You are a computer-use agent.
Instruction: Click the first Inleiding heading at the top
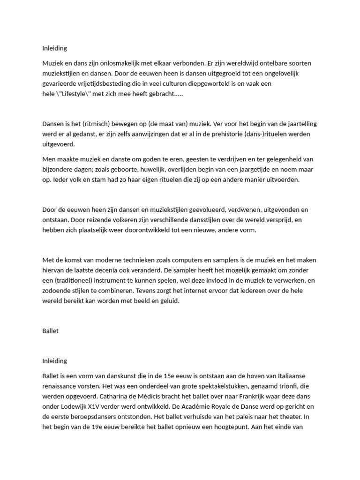click(54, 48)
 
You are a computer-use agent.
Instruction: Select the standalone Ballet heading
click(50, 331)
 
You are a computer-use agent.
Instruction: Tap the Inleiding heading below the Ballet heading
click(54, 361)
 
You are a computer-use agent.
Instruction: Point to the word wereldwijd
click(216, 63)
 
